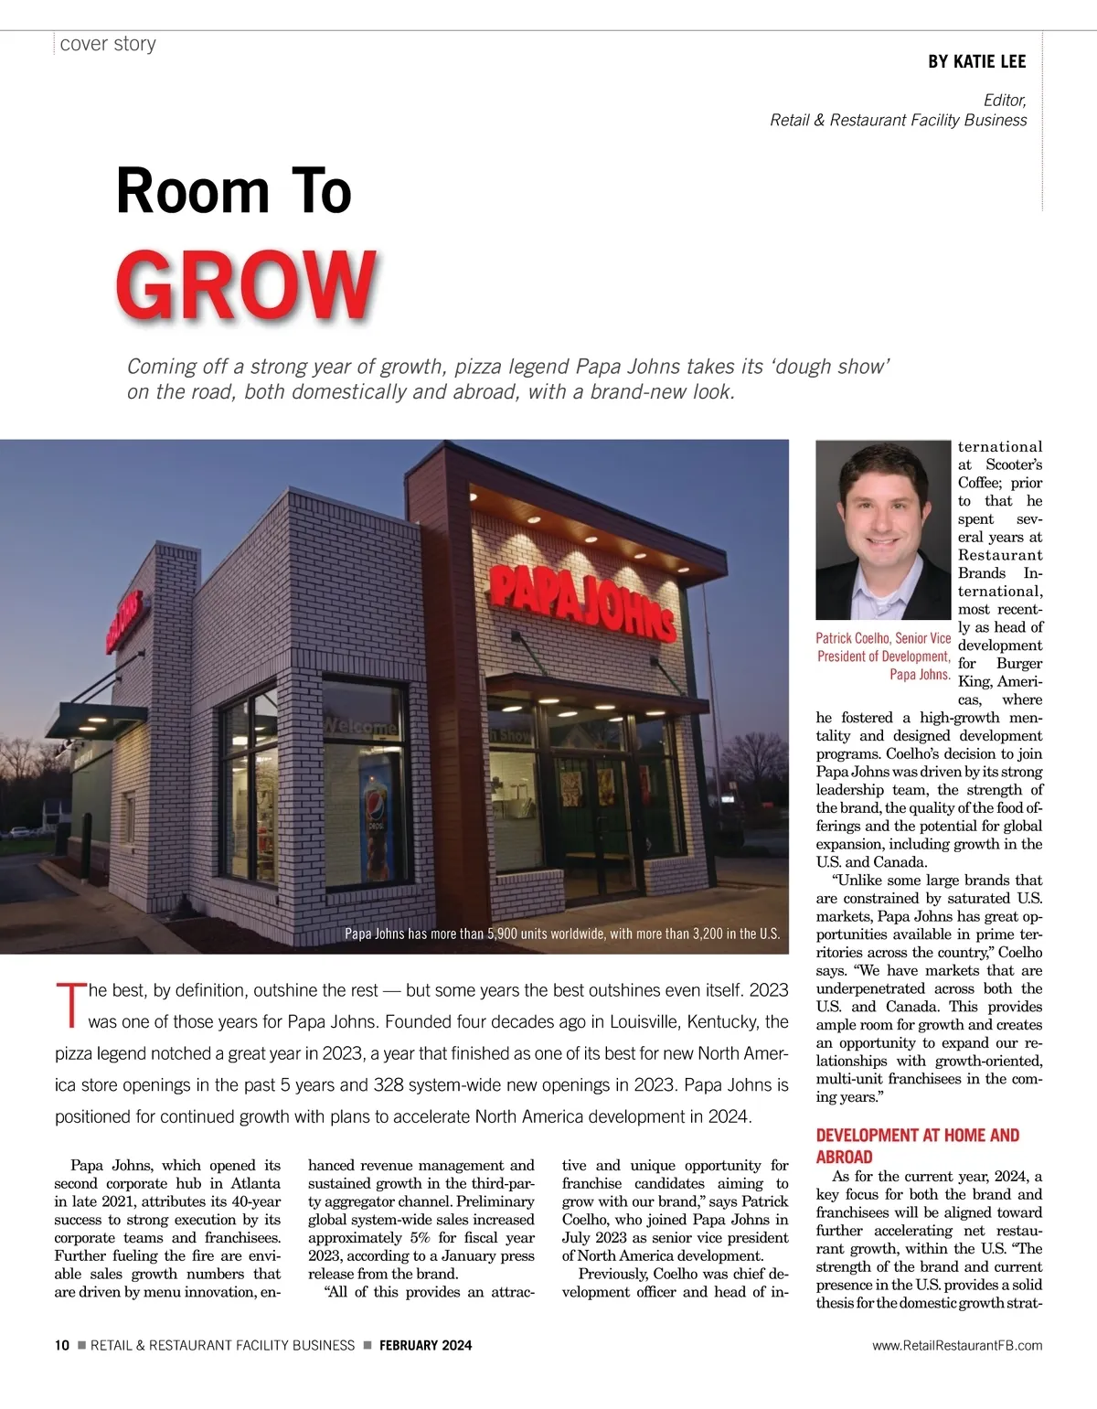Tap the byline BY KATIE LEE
976,61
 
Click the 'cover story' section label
108,44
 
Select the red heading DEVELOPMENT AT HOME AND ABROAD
917,1146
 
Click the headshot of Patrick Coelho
883,529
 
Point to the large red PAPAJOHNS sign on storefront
583,603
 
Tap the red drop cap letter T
69,1005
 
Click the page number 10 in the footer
61,1345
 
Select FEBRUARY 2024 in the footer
425,1345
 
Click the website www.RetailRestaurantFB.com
957,1345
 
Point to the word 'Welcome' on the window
359,727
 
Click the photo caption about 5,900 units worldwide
561,934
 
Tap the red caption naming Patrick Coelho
883,656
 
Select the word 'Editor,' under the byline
1004,100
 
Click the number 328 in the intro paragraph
388,1084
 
